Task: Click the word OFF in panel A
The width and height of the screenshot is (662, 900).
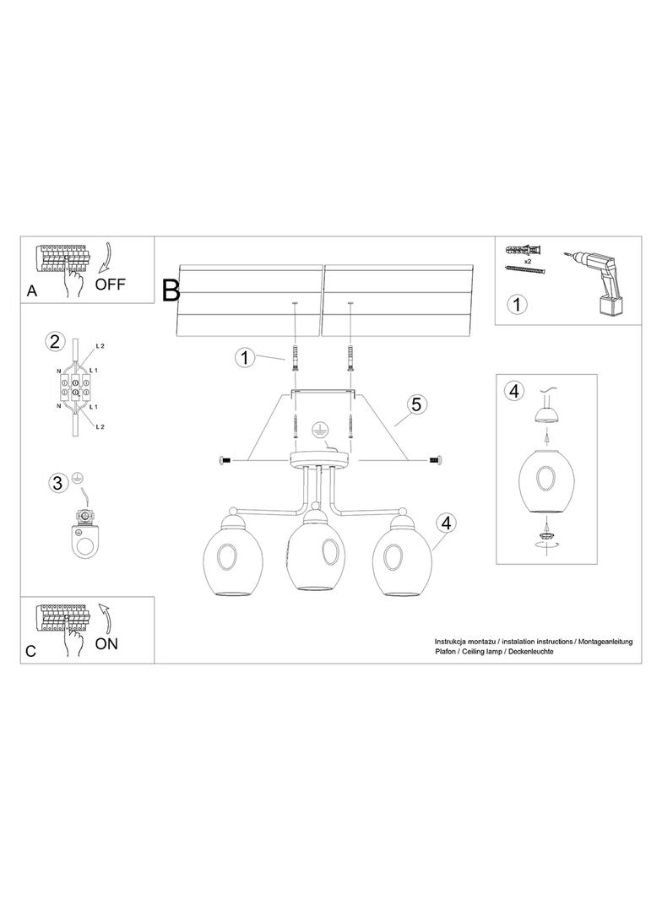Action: pyautogui.click(x=111, y=284)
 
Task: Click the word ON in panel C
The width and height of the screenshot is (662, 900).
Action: pyautogui.click(x=106, y=643)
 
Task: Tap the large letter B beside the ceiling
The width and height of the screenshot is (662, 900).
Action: pyautogui.click(x=171, y=290)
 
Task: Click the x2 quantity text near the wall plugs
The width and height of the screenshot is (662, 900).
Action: pyautogui.click(x=528, y=261)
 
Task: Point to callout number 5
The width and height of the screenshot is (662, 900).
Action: pyautogui.click(x=415, y=404)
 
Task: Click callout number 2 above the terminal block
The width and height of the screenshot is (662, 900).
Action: pyautogui.click(x=54, y=342)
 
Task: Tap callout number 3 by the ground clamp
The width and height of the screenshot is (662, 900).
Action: pyautogui.click(x=57, y=483)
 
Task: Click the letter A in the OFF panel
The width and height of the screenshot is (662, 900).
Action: pyautogui.click(x=32, y=291)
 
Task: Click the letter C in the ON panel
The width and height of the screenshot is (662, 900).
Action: pyautogui.click(x=31, y=652)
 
